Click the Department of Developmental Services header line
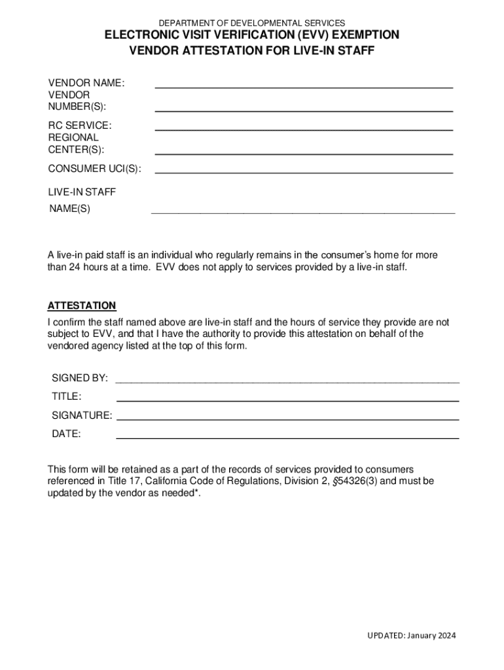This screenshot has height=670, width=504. click(x=251, y=23)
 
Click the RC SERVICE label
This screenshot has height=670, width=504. click(x=80, y=125)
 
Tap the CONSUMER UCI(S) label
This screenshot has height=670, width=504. click(x=94, y=169)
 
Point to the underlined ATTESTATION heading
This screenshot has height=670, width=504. click(x=82, y=306)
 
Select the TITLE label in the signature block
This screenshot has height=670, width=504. click(x=66, y=397)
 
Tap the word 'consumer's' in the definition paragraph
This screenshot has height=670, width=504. click(x=344, y=255)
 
